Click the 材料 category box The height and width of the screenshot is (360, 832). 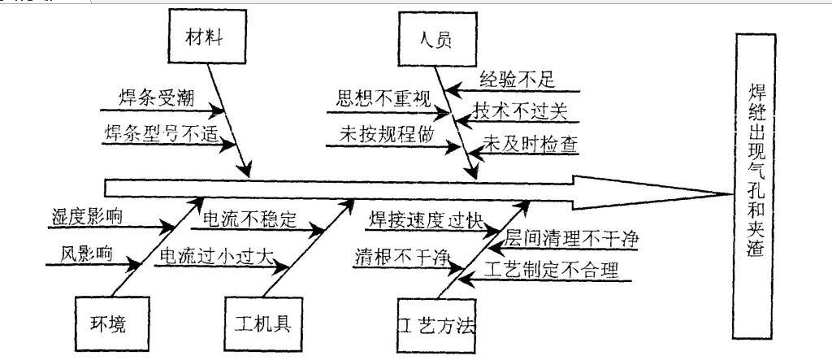coord(207,37)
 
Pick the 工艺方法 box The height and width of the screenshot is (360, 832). coord(436,325)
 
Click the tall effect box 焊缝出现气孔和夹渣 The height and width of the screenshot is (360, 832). coord(754,186)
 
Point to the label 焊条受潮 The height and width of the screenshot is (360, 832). coord(156,98)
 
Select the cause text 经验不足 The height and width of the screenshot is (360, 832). coord(518,79)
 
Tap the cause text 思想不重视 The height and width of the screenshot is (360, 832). coord(383,99)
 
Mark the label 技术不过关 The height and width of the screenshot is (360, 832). coord(521,111)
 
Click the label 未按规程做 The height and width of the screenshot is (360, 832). coord(386,135)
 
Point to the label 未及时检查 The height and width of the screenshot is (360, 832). coord(530,145)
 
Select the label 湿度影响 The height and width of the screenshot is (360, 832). coord(87,217)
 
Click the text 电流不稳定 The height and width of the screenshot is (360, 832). coord(249,219)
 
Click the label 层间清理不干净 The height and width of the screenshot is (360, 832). coord(570,238)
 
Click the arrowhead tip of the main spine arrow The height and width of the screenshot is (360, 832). coord(732,194)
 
